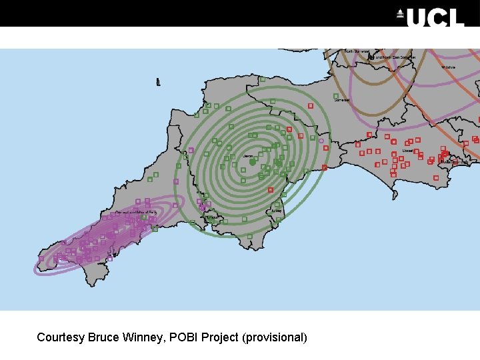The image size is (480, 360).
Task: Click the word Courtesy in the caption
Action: [60, 337]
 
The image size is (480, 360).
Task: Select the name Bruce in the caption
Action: [103, 337]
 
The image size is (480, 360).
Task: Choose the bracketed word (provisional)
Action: [276, 337]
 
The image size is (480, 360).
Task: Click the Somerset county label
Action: [341, 100]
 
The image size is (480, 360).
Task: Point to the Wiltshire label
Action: [447, 67]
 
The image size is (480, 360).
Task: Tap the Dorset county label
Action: [407, 151]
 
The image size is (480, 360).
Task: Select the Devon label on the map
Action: [249, 156]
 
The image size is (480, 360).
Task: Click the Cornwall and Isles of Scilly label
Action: [136, 213]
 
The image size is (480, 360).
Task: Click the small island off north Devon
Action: [158, 83]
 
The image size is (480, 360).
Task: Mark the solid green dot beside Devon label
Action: [253, 162]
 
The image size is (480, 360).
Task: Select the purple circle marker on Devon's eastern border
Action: [321, 141]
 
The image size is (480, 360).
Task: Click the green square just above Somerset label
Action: [336, 95]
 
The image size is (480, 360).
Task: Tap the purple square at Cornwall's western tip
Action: [41, 258]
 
